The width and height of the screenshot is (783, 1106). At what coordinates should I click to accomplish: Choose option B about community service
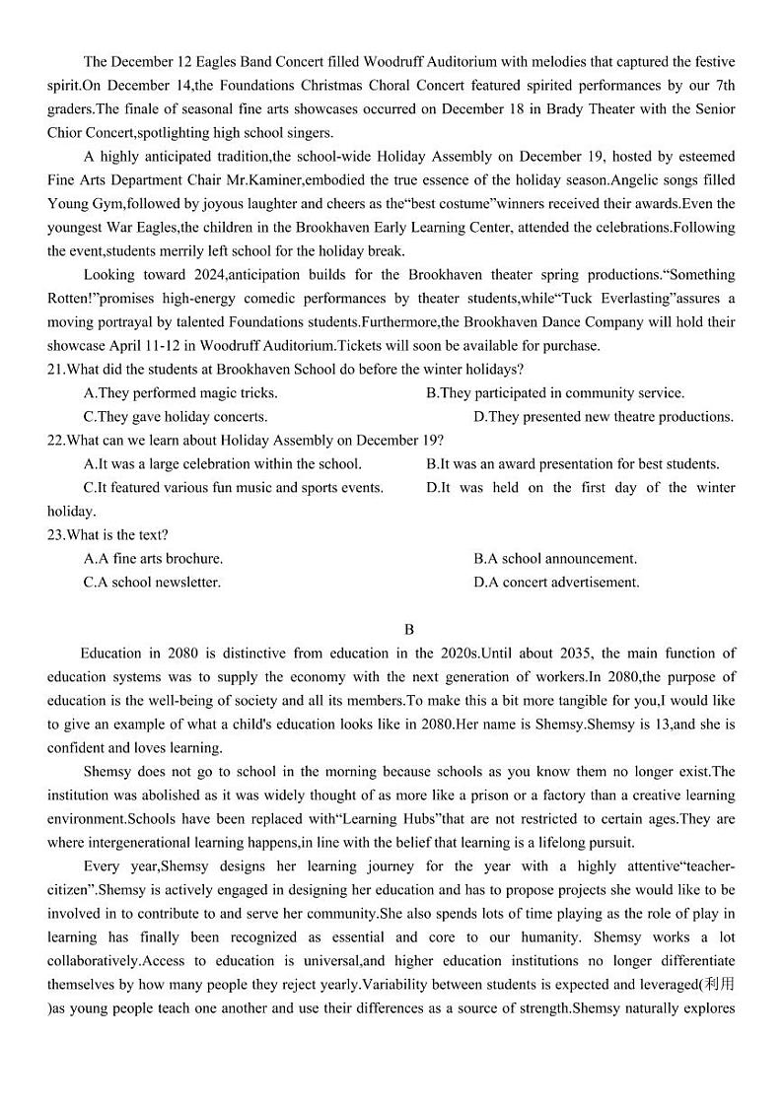[554, 393]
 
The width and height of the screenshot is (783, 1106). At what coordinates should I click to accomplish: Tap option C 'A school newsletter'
[152, 583]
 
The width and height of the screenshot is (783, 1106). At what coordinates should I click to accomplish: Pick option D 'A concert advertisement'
[556, 583]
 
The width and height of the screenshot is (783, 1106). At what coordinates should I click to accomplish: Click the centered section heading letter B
[409, 630]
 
